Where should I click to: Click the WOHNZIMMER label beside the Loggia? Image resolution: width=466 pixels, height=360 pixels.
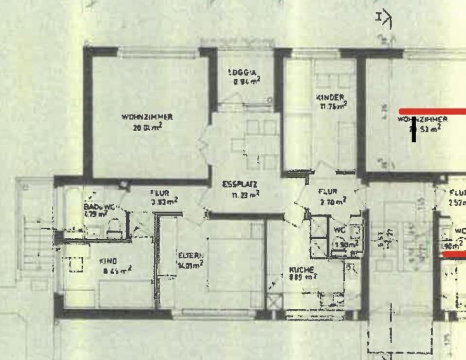(x=147, y=117)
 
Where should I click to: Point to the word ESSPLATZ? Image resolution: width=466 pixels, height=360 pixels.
(x=240, y=184)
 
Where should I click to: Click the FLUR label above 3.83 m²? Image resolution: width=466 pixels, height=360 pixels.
(x=160, y=193)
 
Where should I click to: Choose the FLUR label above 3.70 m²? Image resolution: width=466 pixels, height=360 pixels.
(x=328, y=191)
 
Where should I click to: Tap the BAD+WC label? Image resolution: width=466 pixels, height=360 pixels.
(x=99, y=206)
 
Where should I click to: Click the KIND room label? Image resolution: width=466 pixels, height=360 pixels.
(x=108, y=261)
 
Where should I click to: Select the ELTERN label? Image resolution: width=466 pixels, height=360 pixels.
(x=190, y=255)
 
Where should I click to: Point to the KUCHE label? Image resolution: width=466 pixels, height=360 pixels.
(x=301, y=269)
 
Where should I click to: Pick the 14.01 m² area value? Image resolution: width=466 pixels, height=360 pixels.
(x=190, y=264)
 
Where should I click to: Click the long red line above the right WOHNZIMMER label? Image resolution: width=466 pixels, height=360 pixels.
(x=432, y=112)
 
